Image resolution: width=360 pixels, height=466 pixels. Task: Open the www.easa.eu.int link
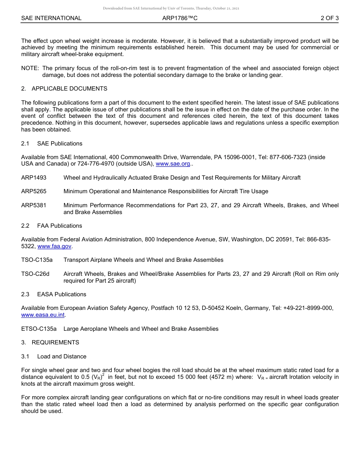43,315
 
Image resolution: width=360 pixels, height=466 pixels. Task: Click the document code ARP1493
34,178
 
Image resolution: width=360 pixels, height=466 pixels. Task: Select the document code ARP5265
34,191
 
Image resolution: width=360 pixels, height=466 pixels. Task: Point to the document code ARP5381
34,205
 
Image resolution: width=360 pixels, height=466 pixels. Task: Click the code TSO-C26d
35,274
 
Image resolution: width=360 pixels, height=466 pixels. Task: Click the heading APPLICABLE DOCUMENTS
69,89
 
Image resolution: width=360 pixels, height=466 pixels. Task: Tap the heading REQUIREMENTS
55,342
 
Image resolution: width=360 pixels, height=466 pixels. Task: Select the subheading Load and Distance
62,357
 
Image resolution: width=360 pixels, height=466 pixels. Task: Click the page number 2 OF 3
329,18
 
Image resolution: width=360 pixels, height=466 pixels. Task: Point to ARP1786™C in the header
180,18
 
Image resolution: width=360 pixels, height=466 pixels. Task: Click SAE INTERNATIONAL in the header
51,18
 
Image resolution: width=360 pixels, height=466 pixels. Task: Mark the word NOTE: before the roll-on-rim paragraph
30,68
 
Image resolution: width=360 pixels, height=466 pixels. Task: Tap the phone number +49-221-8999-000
308,308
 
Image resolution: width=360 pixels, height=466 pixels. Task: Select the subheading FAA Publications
59,226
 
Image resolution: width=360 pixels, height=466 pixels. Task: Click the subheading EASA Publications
62,294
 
